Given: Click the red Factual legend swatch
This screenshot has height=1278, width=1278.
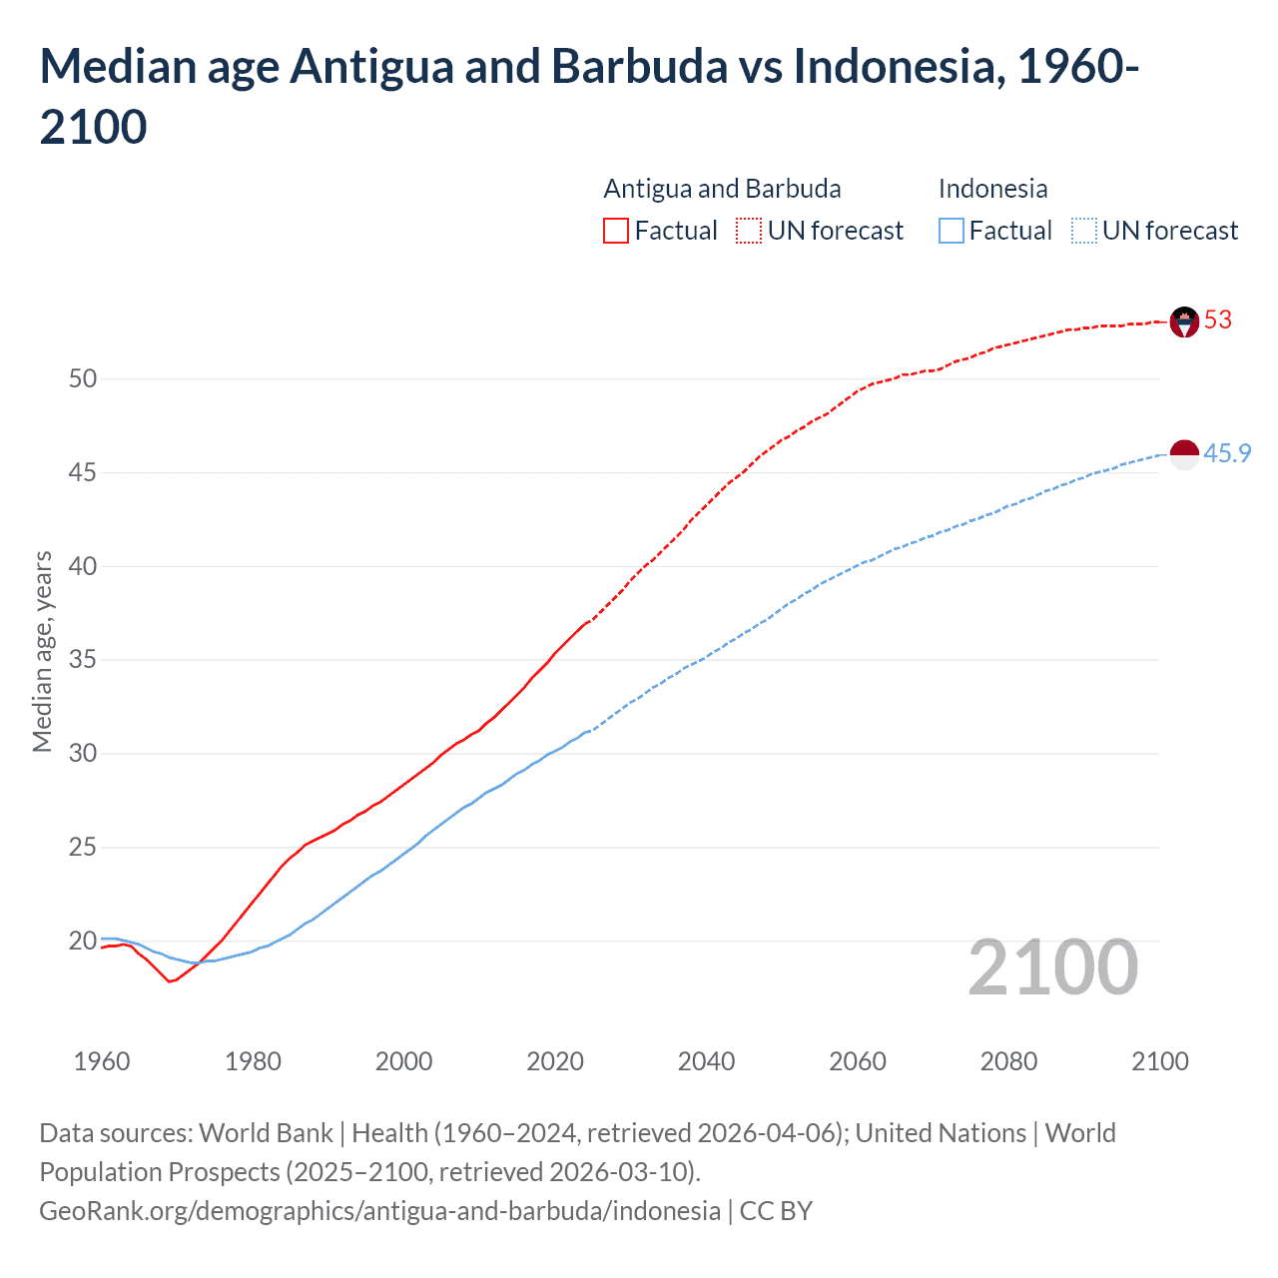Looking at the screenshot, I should coord(616,231).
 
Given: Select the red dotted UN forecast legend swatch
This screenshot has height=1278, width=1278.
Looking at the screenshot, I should coord(749,231).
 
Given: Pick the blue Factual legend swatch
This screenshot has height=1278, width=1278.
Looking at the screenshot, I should coord(952,231).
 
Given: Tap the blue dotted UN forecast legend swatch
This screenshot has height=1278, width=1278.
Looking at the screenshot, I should coord(1083,231).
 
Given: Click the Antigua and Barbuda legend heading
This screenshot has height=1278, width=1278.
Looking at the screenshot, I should coord(722,189).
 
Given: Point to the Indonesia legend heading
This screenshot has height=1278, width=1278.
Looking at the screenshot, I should coord(992,189).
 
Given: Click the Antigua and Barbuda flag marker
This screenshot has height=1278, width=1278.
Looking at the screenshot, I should coord(1183,321).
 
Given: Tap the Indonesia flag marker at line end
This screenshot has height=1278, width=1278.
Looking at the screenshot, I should coord(1183,454).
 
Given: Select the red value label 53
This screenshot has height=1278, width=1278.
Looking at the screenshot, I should coord(1218,319).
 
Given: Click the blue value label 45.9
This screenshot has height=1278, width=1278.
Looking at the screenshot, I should coord(1227,453).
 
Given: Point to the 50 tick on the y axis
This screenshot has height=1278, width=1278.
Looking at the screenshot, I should coord(83,378).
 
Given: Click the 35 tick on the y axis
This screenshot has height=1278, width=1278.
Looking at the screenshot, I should coord(83,660).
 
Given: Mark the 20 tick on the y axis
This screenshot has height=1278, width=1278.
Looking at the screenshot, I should coord(83,941).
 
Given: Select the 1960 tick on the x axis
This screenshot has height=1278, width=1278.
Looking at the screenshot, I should coord(102,1061).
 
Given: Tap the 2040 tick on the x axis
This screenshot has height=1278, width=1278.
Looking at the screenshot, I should coord(706,1061).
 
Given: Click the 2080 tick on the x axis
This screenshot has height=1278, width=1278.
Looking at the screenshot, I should coord(1008,1061).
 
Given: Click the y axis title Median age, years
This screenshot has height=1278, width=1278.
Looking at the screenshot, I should coord(42,651).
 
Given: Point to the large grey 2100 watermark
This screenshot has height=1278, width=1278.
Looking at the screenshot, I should coord(1052,967).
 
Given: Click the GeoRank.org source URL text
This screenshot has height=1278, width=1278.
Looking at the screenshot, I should coord(379,1211).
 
